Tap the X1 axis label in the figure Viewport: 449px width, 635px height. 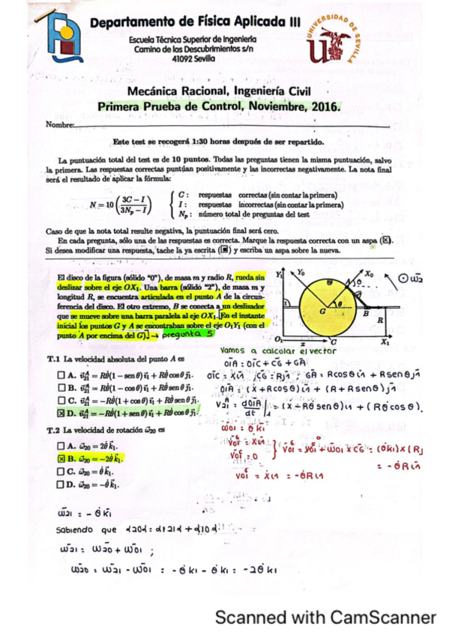point(384,341)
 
